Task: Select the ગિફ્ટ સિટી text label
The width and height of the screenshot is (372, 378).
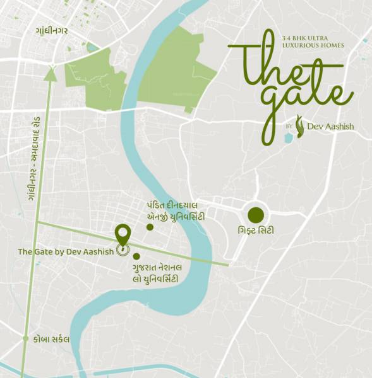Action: (256, 231)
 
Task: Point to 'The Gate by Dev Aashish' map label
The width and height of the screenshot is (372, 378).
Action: (66, 252)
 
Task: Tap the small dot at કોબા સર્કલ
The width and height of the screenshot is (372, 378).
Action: (26, 339)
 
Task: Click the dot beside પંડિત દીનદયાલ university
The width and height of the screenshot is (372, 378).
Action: (150, 227)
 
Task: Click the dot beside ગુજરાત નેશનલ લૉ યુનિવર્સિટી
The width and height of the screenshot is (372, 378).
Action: (136, 256)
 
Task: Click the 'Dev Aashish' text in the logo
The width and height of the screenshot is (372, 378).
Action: (330, 126)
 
